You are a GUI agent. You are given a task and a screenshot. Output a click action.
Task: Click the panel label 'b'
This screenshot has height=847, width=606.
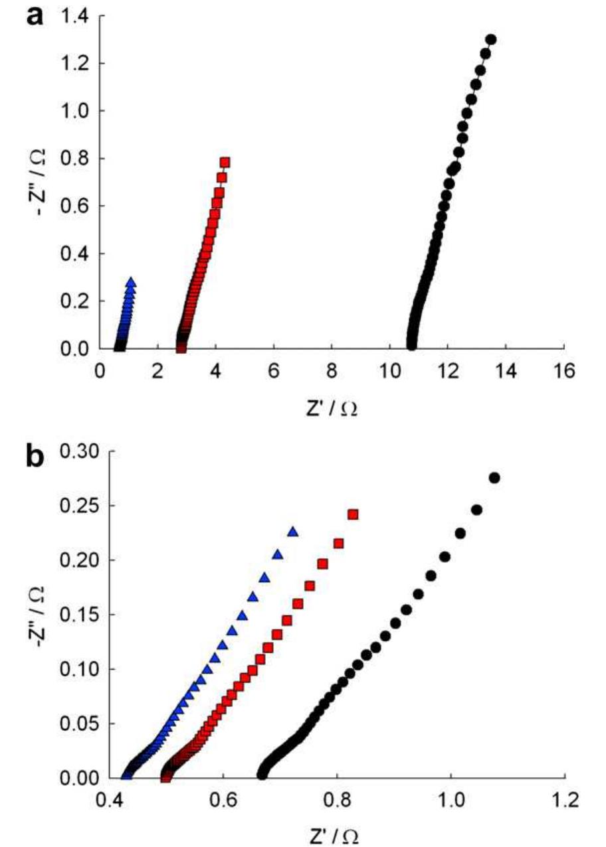35,458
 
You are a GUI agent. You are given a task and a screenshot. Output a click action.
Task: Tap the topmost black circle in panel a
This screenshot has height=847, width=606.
491,40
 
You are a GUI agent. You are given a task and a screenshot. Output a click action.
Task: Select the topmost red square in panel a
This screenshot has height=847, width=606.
225,163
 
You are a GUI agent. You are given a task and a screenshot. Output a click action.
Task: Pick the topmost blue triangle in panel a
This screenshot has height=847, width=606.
131,283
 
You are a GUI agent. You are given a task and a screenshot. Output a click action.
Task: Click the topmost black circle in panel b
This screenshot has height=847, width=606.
494,478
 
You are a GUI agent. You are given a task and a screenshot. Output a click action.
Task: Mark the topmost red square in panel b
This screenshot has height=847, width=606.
353,514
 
